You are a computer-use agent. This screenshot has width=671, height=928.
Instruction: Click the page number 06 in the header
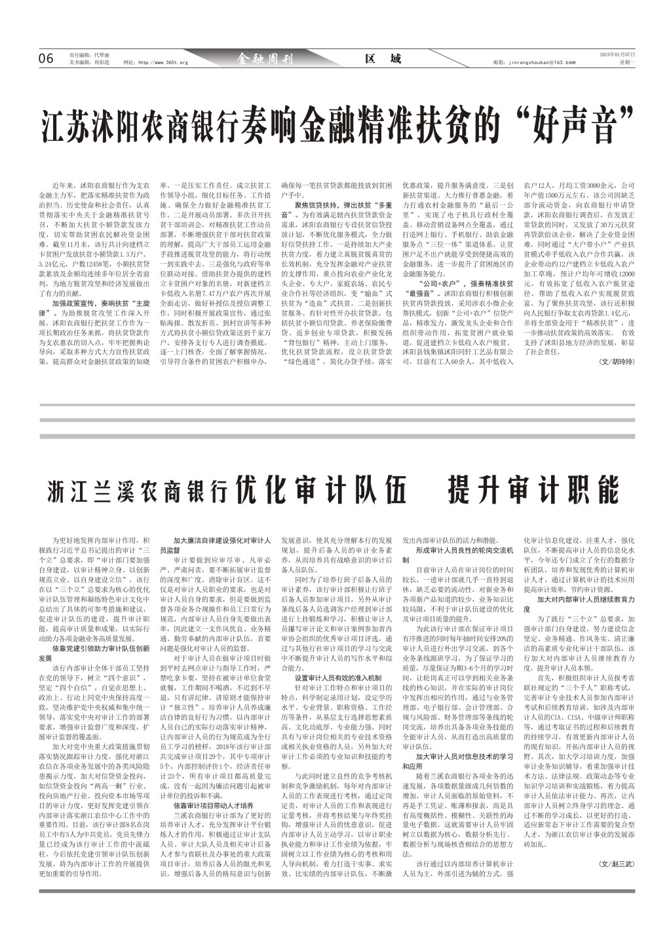(x=46, y=59)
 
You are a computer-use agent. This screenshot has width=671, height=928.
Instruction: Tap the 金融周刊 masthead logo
(x=265, y=60)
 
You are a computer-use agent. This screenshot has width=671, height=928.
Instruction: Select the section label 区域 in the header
(x=383, y=59)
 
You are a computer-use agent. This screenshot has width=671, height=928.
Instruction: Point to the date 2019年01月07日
(x=617, y=54)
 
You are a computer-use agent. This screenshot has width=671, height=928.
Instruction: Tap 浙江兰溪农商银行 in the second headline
(x=138, y=491)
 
